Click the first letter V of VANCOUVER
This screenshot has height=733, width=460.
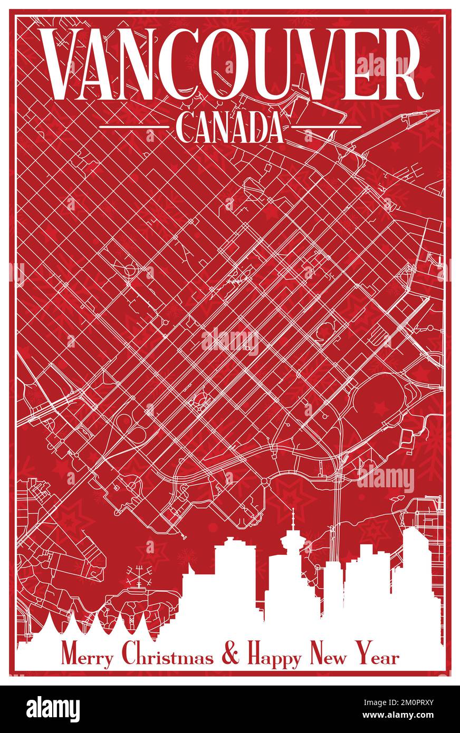click(x=60, y=64)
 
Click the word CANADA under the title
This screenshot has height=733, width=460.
click(x=229, y=128)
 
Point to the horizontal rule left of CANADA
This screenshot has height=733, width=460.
click(x=133, y=127)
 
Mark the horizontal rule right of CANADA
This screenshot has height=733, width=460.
click(x=326, y=127)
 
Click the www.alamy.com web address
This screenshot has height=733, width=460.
click(x=406, y=716)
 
